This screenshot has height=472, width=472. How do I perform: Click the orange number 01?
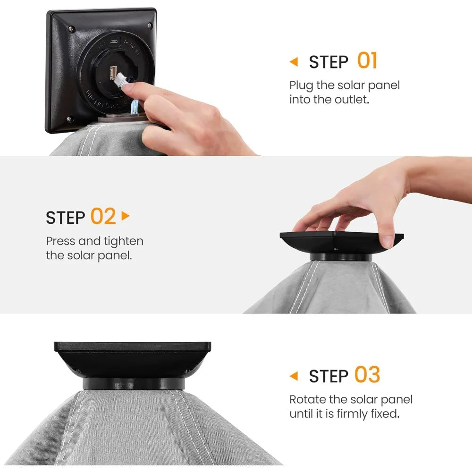tap(367, 60)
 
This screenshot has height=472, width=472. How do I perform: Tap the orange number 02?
tap(103, 216)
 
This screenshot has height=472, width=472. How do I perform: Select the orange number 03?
tap(367, 374)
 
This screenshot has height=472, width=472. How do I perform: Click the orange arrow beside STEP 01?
tap(294, 62)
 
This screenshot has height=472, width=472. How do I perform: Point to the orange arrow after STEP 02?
tap(125, 216)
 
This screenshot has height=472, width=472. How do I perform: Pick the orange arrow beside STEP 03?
tap(294, 376)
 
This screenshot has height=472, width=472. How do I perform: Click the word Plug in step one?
tap(301, 86)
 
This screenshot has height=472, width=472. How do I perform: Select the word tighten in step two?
tap(123, 241)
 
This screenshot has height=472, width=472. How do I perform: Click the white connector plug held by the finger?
tap(120, 80)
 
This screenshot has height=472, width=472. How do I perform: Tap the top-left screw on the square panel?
tap(71, 29)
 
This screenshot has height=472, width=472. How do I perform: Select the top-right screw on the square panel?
tap(150, 25)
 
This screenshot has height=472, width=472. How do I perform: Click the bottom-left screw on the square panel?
tap(69, 119)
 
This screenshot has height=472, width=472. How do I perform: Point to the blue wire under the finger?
tap(135, 107)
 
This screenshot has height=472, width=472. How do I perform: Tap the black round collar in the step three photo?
tap(134, 384)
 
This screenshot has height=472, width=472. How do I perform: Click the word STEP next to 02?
tap(65, 218)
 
